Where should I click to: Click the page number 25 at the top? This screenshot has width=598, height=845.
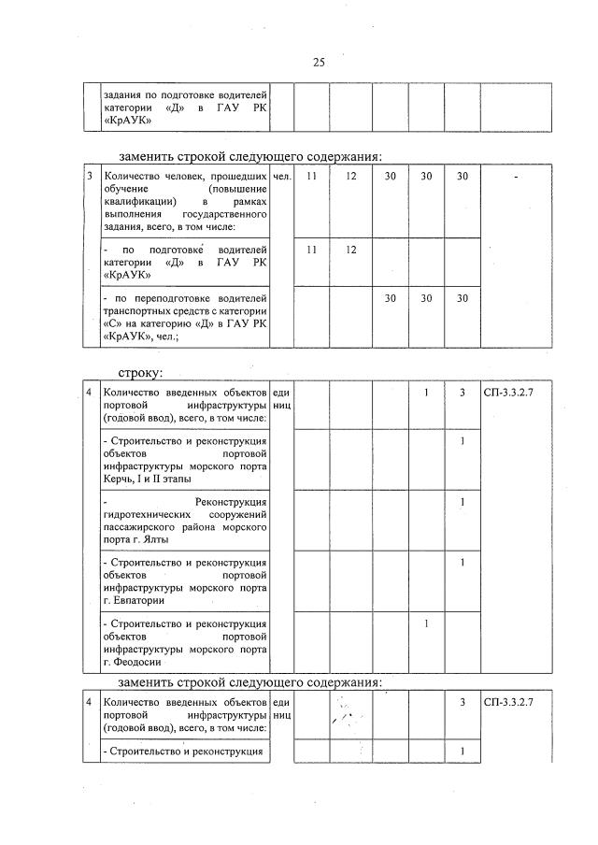318,63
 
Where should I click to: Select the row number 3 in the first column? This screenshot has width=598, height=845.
89,176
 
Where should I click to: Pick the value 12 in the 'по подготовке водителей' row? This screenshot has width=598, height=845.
350,250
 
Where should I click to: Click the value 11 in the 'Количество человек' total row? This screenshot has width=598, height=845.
312,176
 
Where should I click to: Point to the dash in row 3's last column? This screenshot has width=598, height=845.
515,177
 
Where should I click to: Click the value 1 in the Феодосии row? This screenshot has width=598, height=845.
425,623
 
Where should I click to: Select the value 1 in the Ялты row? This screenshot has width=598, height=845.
462,502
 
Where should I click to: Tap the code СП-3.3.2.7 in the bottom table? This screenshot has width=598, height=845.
515,701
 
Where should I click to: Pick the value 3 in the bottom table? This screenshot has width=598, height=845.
462,701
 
